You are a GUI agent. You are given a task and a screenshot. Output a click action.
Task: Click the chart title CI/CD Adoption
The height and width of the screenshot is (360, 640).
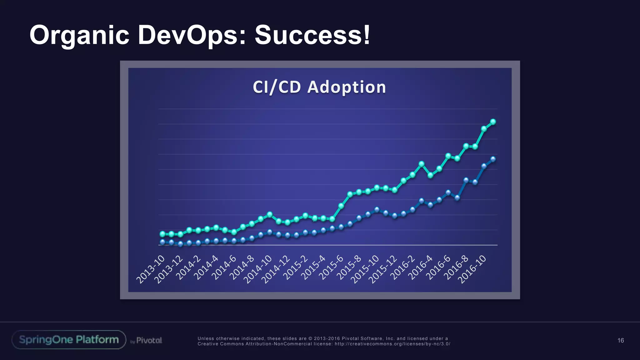click(319, 87)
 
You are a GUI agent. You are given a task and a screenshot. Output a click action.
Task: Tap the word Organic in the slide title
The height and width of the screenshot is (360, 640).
click(79, 35)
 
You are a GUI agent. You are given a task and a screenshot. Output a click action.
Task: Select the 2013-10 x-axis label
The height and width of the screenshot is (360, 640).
click(150, 269)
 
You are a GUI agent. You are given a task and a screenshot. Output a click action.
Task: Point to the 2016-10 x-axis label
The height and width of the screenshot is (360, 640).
click(472, 269)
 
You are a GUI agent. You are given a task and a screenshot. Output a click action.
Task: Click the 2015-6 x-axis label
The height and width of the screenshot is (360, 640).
click(331, 267)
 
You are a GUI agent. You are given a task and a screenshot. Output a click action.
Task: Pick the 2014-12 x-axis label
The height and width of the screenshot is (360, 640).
click(276, 269)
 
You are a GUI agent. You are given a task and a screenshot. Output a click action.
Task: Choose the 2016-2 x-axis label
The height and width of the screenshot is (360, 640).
click(402, 267)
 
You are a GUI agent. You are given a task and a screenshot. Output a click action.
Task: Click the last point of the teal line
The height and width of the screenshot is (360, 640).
click(493, 122)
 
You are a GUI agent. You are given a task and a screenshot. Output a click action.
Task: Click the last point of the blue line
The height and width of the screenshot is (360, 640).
click(493, 159)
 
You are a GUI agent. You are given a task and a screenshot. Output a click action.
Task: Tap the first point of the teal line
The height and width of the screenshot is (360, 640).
click(162, 234)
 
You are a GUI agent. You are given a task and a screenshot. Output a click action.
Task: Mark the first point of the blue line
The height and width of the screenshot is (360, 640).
click(162, 242)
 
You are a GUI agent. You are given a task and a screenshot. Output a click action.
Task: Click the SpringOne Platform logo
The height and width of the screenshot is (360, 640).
click(69, 340)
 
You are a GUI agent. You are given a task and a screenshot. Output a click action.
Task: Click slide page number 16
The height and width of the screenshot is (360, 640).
click(621, 340)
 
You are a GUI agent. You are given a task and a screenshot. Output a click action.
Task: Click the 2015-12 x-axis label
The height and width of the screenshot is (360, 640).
click(383, 269)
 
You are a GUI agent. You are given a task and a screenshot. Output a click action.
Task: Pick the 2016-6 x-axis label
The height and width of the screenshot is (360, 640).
click(438, 267)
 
